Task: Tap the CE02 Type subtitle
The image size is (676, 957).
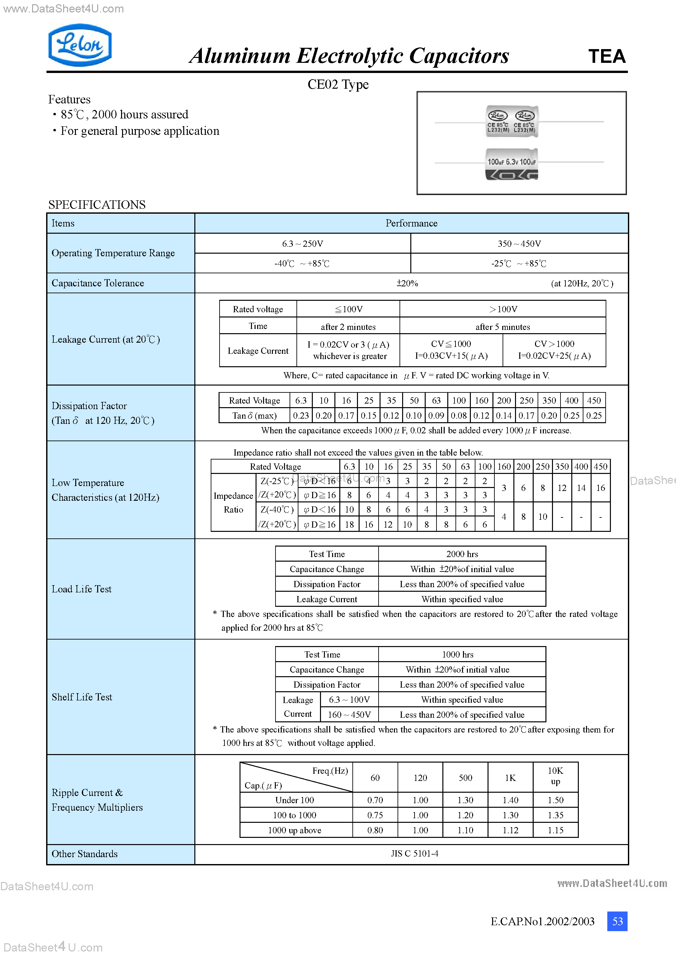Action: coord(338,84)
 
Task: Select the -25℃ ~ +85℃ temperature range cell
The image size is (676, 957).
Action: coord(519,263)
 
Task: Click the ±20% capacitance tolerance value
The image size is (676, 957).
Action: coord(407,283)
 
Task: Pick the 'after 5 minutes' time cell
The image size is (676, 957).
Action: coord(502,327)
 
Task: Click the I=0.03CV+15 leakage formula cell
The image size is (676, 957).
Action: coord(451,350)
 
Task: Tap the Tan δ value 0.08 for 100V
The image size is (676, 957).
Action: coord(458,416)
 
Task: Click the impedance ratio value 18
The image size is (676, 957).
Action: coord(349,524)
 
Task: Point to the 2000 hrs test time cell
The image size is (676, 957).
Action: coord(462,554)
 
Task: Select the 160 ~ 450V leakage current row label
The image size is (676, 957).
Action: coord(349,714)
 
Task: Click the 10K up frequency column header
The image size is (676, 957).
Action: coord(555,776)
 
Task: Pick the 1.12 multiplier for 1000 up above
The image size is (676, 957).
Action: coord(510,830)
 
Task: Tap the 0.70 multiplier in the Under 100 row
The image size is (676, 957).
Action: coord(375,800)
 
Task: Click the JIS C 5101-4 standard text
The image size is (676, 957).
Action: coord(414,853)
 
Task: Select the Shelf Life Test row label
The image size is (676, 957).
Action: coord(82,697)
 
